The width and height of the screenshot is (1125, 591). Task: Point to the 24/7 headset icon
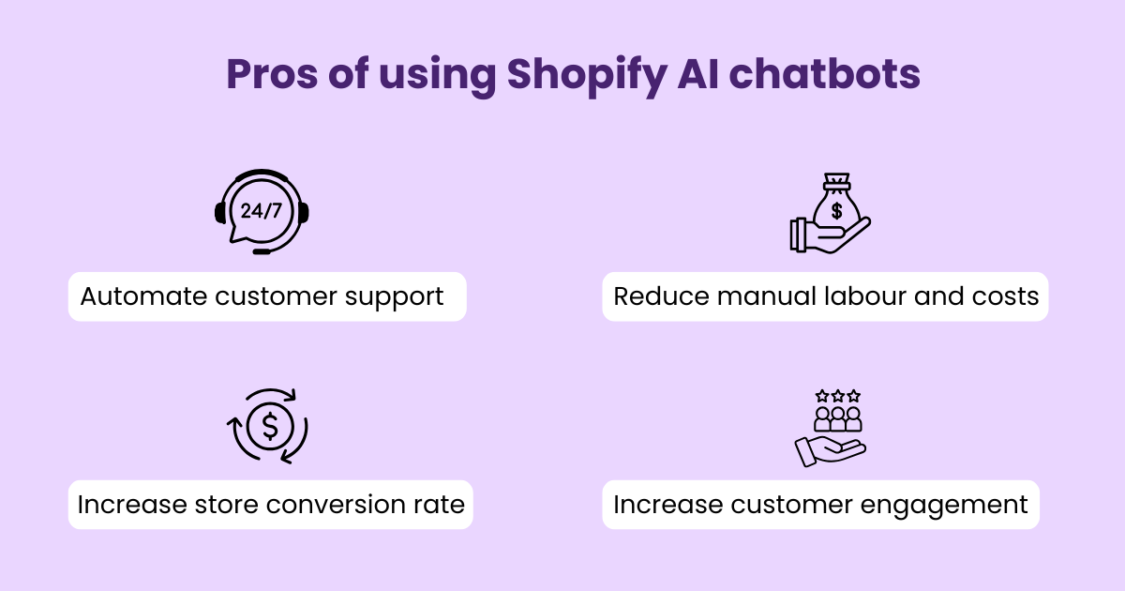262,211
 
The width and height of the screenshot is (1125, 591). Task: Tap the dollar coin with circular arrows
269,427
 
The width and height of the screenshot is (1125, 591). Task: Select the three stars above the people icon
837,396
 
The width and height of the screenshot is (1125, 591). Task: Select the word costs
1005,296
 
